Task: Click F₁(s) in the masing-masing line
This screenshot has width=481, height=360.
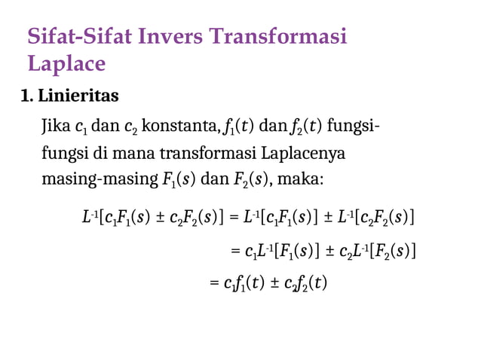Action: (176, 181)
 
